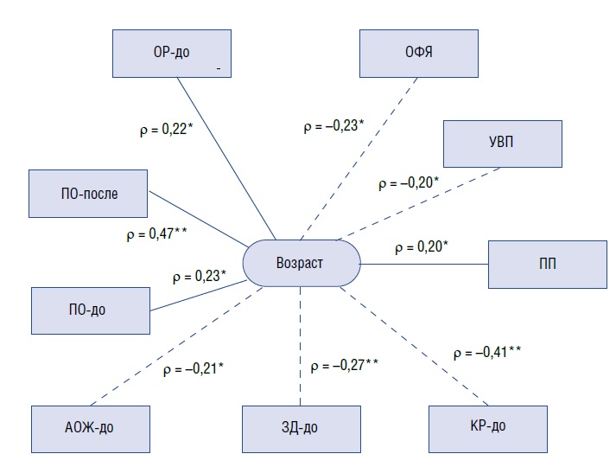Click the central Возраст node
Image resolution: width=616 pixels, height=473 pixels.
(x=301, y=262)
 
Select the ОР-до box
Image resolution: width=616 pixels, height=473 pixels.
(x=172, y=53)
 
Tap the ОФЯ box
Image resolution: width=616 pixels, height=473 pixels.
(x=419, y=53)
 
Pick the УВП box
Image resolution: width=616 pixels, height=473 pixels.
(x=502, y=144)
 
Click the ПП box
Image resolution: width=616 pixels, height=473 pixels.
(x=547, y=264)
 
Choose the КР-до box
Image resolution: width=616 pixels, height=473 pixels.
(x=487, y=426)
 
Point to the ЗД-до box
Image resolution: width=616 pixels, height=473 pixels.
(x=300, y=426)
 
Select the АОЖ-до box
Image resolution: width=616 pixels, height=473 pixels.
(x=90, y=426)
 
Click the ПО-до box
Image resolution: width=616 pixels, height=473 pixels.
(x=90, y=309)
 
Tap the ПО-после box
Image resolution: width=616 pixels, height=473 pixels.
(x=88, y=193)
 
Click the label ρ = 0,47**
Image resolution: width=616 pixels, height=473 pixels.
(x=156, y=233)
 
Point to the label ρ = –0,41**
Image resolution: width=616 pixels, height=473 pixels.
(x=487, y=353)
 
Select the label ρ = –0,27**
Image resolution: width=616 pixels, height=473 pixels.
(x=344, y=366)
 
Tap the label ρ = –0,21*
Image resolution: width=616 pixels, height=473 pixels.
(x=194, y=370)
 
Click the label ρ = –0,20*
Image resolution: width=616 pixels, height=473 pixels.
(x=408, y=183)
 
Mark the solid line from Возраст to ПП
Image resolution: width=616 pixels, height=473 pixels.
(x=423, y=264)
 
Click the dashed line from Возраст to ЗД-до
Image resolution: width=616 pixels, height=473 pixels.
(x=300, y=346)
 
